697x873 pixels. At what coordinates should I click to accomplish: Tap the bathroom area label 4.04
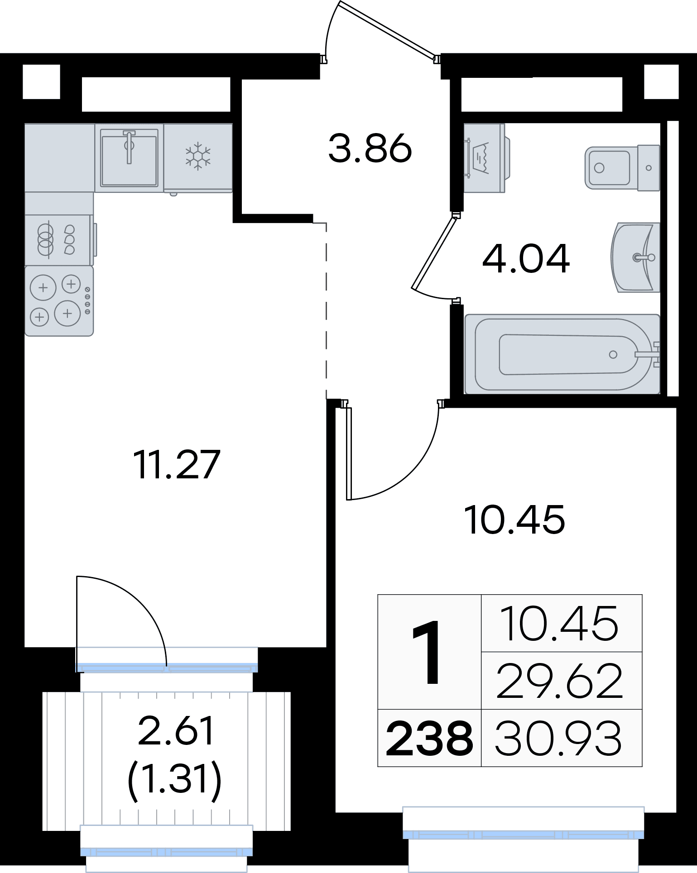pyautogui.click(x=526, y=259)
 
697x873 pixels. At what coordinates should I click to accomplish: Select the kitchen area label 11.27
pyautogui.click(x=177, y=464)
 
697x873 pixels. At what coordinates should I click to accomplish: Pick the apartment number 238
pyautogui.click(x=429, y=739)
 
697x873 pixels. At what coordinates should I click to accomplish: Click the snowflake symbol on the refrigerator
pyautogui.click(x=198, y=156)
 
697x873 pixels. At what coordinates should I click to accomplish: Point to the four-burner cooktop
pyautogui.click(x=59, y=301)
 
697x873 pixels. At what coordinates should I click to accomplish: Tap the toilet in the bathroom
pyautogui.click(x=622, y=168)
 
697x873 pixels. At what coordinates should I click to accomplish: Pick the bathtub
pyautogui.click(x=562, y=354)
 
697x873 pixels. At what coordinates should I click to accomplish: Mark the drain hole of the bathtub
pyautogui.click(x=613, y=354)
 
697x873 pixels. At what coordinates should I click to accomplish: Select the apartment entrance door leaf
pyautogui.click(x=388, y=30)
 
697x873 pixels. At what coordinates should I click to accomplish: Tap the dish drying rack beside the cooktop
pyautogui.click(x=59, y=240)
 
